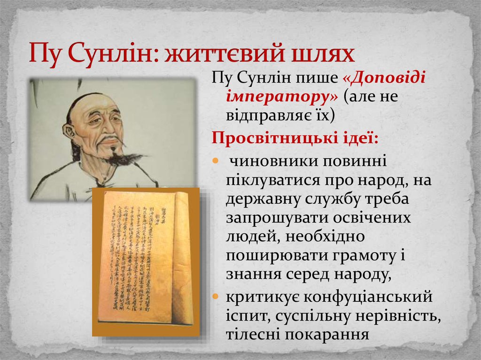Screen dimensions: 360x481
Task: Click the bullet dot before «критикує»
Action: pyautogui.click(x=216, y=297)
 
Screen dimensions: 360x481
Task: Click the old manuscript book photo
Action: pyautogui.click(x=146, y=260)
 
